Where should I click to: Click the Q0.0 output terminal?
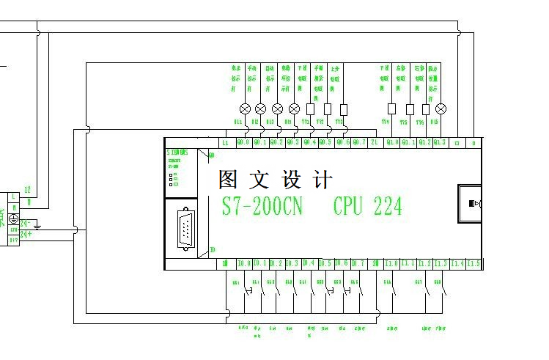pos(243,142)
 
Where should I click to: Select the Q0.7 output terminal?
pos(358,142)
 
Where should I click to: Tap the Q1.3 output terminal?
pos(439,142)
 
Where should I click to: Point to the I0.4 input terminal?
pos(309,263)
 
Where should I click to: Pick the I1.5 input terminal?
pos(474,263)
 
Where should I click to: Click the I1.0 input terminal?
pos(391,263)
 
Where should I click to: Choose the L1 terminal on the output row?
pos(225,142)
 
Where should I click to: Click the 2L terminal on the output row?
pos(375,142)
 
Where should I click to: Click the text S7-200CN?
pos(262,206)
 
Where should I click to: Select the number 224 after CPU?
pos(388,206)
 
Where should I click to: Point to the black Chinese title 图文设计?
pos(276,180)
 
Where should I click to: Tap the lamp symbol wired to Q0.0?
pos(246,109)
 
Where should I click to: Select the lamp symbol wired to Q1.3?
pos(439,109)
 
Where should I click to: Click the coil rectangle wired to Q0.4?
pos(311,109)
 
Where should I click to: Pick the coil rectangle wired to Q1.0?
pos(392,109)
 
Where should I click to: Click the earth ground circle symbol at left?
pos(13,218)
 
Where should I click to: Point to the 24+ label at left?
pos(26,234)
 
